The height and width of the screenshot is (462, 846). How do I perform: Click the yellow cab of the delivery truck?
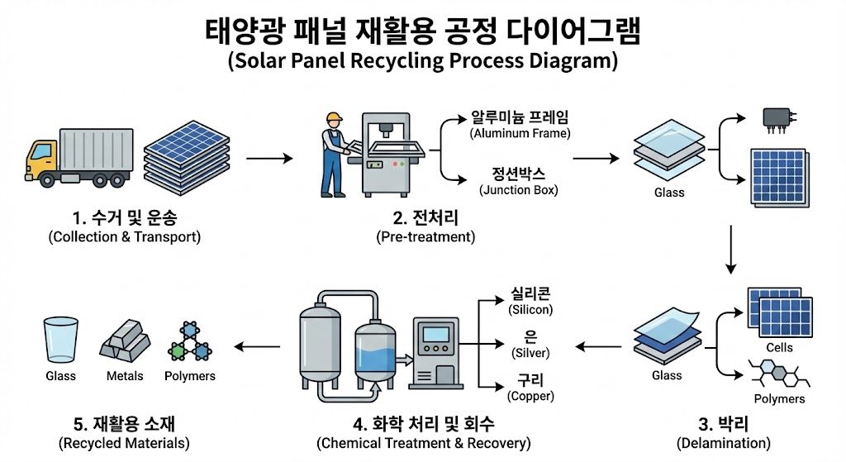[42, 158]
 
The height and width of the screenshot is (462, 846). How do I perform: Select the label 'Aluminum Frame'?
[520, 133]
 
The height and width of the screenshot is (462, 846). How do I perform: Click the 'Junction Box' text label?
[519, 189]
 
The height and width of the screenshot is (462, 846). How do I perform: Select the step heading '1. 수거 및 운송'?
[124, 219]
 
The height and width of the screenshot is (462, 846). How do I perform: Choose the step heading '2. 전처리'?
[425, 219]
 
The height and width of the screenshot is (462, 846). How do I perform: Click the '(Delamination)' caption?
[723, 443]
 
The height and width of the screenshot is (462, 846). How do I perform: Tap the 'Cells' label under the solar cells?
[779, 348]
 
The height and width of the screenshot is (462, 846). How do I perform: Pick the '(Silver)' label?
[530, 353]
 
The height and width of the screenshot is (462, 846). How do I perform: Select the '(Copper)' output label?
[530, 397]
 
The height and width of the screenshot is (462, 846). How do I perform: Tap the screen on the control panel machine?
[435, 337]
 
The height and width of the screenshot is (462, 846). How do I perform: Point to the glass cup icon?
[60, 338]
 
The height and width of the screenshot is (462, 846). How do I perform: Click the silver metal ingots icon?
[125, 341]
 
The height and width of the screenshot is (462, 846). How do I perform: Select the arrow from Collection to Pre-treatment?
[269, 156]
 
